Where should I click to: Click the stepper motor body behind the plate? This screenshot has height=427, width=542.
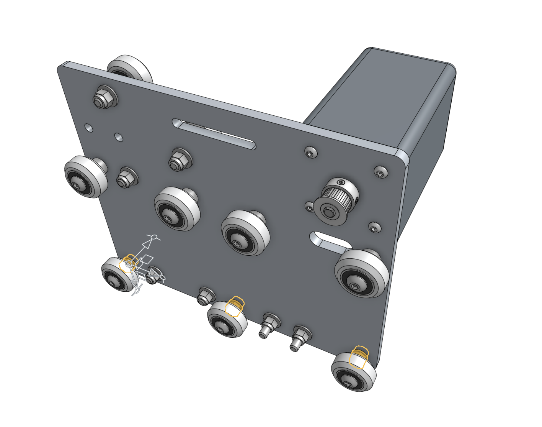pos(383,100)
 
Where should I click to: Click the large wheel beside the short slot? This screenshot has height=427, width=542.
pos(361,273)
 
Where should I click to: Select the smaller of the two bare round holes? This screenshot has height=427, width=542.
pos(89,127)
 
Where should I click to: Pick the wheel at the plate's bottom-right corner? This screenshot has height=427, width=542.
pos(353,373)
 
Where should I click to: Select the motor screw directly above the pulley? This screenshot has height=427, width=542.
pos(310,152)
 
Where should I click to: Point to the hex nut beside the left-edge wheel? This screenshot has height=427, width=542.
pos(126,178)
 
